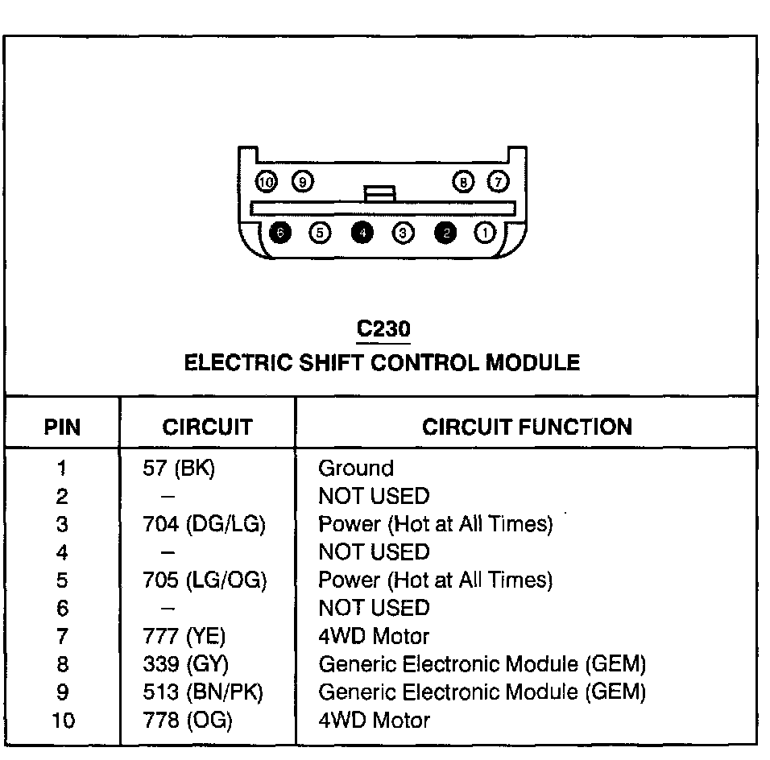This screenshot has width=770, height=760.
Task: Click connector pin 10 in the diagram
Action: (266, 183)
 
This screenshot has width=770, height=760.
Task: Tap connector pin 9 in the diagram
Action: (302, 183)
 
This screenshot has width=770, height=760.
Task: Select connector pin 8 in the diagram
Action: (464, 183)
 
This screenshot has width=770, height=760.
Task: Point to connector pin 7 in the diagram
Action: (499, 183)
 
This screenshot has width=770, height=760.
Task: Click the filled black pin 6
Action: (279, 233)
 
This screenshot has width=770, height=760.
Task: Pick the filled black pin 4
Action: (362, 233)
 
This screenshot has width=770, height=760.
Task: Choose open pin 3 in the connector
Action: (403, 233)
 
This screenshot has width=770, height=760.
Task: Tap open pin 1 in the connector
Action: (485, 233)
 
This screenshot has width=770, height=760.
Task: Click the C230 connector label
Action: (383, 329)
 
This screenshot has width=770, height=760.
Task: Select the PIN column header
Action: (62, 427)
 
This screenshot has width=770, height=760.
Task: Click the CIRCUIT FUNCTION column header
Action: (527, 427)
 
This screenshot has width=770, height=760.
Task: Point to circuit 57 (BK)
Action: (178, 469)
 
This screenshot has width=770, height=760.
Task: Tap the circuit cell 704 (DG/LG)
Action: (204, 525)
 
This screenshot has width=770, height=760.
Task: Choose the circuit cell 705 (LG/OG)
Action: (204, 580)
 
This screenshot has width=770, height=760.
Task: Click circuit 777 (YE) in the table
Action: (184, 637)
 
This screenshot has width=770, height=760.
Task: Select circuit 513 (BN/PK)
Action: (202, 692)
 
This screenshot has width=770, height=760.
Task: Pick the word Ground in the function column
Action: (356, 469)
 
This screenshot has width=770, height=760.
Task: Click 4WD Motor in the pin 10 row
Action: (374, 721)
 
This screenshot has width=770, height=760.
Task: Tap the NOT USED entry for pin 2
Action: (374, 497)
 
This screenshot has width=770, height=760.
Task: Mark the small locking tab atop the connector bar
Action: (379, 194)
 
